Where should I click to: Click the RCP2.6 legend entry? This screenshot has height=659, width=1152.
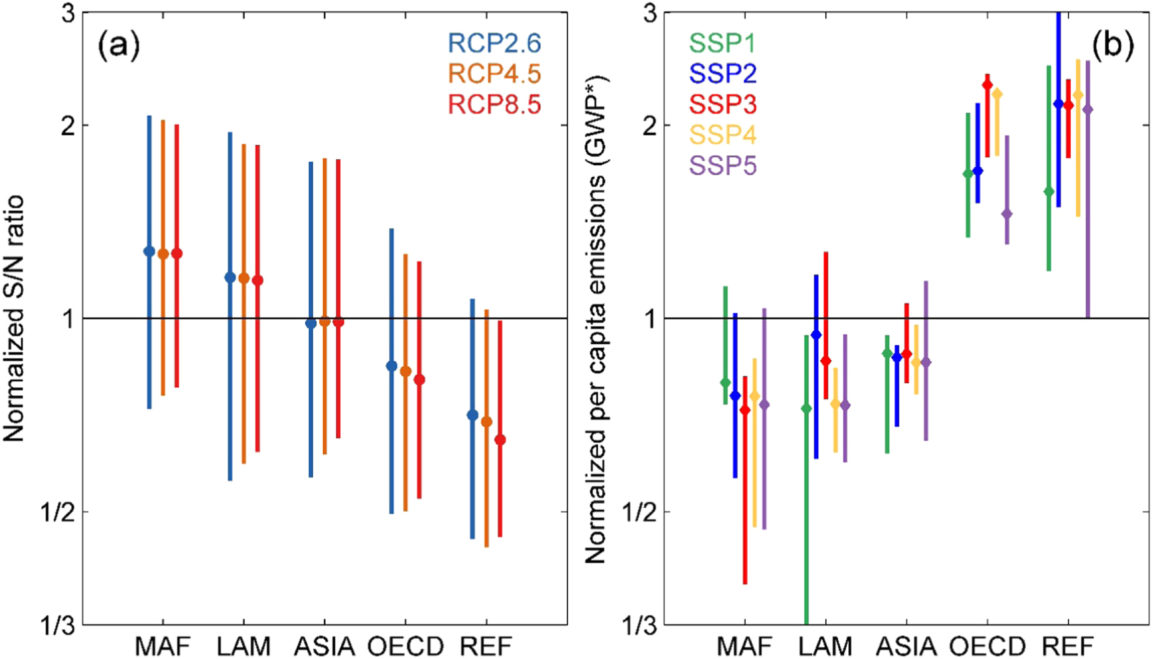coord(494,43)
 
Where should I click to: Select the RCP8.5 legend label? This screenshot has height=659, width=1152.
coord(494,105)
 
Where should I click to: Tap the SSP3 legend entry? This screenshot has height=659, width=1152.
coord(723,105)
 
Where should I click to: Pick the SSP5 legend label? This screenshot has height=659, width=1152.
coord(723,166)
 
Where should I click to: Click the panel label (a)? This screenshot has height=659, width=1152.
coord(119,46)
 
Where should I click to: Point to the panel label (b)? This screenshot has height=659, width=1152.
coord(1112,46)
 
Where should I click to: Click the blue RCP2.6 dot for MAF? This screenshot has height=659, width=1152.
coord(149,251)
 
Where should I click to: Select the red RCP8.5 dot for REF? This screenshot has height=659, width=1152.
coord(500,440)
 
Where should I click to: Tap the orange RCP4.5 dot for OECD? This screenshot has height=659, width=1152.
coord(405,371)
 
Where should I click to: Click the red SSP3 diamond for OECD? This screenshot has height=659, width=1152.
coord(987,84)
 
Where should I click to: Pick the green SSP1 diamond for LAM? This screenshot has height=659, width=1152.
coord(806,408)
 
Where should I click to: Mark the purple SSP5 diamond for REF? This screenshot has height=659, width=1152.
coord(1088,109)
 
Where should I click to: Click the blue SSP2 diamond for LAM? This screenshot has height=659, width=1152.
coord(816,335)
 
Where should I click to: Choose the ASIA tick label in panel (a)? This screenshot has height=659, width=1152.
coord(324,647)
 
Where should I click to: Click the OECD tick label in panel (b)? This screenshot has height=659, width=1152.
coord(987,647)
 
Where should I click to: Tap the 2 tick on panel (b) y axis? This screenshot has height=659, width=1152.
coord(648,125)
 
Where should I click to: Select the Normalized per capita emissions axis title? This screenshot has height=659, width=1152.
coord(595,318)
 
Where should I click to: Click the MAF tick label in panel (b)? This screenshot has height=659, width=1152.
coord(744,647)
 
